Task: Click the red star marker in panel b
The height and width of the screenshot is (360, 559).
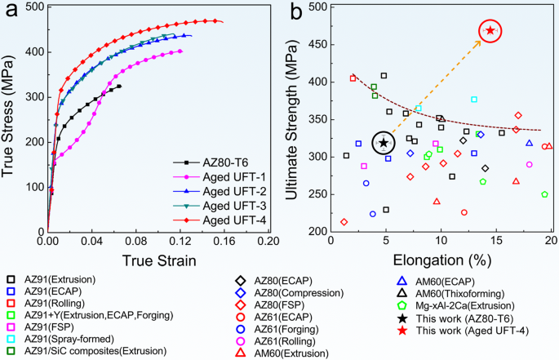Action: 490,30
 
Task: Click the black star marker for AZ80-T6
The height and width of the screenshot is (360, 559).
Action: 384,143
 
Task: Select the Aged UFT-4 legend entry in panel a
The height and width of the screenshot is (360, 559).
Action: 220,220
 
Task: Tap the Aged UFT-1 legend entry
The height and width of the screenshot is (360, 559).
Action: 220,177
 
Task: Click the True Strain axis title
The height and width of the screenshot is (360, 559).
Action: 159,260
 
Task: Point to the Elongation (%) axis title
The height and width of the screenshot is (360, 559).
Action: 442,260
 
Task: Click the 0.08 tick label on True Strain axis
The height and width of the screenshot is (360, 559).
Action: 136,242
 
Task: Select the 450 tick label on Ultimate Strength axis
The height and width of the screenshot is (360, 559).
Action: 317,45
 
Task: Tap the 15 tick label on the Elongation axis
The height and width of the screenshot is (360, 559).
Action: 496,240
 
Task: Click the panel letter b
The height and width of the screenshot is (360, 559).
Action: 296,11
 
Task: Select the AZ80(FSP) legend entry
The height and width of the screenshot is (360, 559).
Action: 270,305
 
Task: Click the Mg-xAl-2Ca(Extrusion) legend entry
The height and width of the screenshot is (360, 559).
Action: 455,306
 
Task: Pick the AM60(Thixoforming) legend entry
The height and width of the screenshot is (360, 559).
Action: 450,294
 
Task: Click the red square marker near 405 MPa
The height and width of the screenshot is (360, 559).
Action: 353,78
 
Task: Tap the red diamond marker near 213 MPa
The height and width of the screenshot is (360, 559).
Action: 344,222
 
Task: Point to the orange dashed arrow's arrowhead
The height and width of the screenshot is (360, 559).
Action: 478,43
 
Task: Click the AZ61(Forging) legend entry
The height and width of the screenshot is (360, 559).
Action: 277,329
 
